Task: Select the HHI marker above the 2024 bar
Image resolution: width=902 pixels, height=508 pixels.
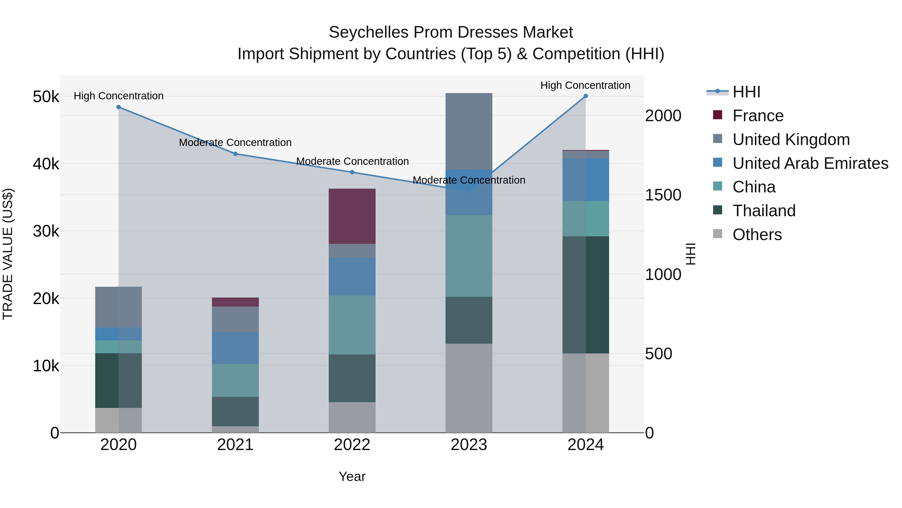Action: coord(586,96)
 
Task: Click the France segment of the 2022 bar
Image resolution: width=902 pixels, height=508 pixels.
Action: coord(352,216)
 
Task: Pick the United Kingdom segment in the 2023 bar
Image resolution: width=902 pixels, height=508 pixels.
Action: coord(469,131)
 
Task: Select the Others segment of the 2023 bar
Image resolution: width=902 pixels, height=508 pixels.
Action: coord(469,388)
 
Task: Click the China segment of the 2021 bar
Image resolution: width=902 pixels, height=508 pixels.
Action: coord(235,380)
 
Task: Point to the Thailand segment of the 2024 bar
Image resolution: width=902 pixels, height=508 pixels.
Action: coord(586,295)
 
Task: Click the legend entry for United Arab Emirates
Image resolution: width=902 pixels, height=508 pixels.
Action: coord(810,163)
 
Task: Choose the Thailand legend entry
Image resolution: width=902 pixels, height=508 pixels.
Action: coord(764,211)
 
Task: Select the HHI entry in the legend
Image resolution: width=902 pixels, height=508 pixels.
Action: coord(746,92)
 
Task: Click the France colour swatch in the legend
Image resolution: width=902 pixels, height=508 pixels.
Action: coord(718,115)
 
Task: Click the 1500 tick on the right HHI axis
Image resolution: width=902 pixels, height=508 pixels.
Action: coord(663,195)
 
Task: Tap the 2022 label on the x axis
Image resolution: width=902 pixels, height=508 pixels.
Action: coord(352,445)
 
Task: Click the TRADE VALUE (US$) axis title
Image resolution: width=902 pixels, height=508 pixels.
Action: coord(8,254)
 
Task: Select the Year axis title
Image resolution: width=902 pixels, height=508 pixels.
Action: coord(352,476)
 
